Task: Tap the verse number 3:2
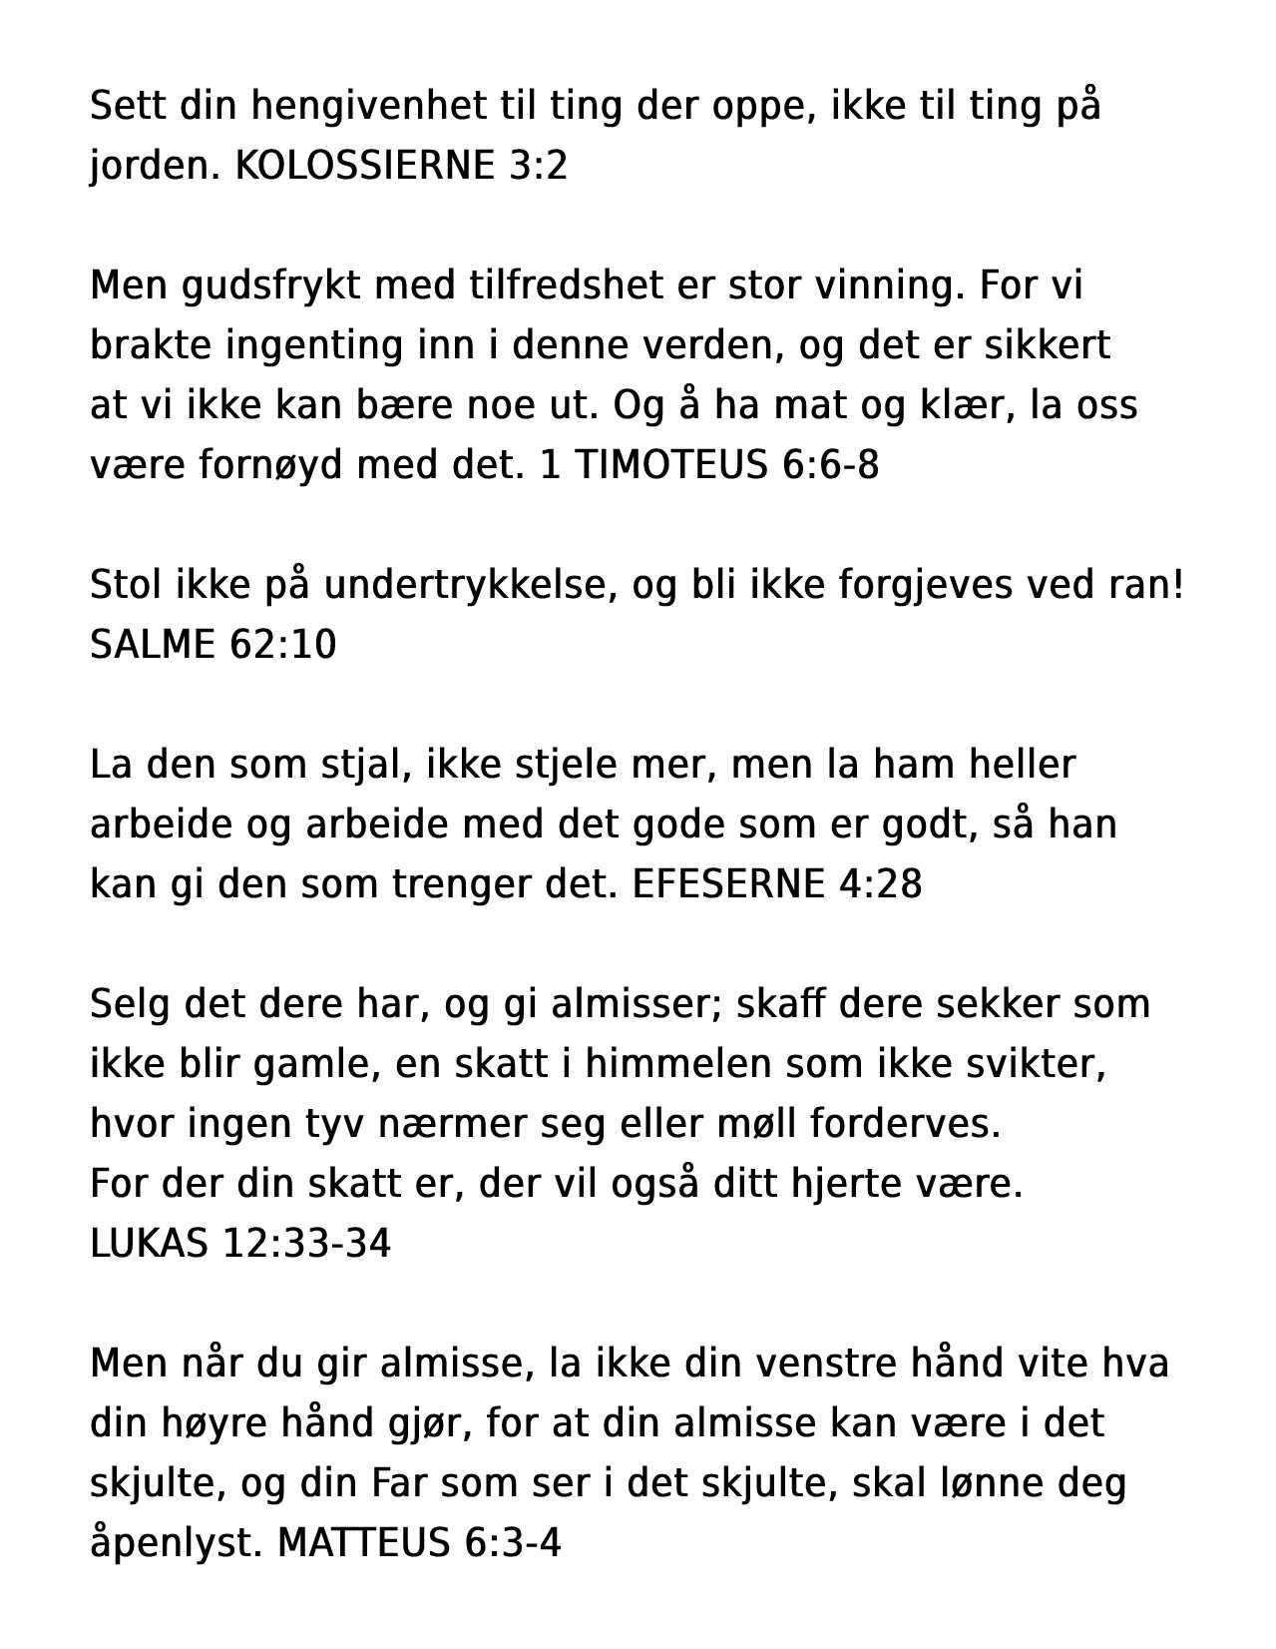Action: point(538,166)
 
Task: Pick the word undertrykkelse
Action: point(466,586)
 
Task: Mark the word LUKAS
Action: point(150,1244)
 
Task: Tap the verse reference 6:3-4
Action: point(513,1543)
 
